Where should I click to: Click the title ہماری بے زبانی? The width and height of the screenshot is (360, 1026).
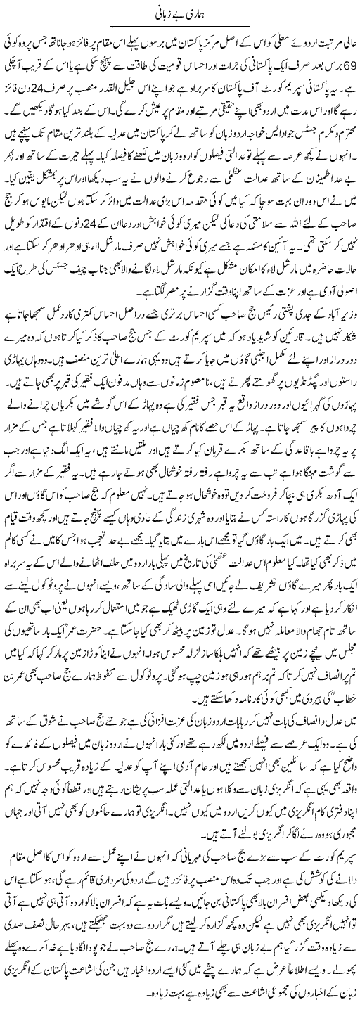(x=180, y=13)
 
